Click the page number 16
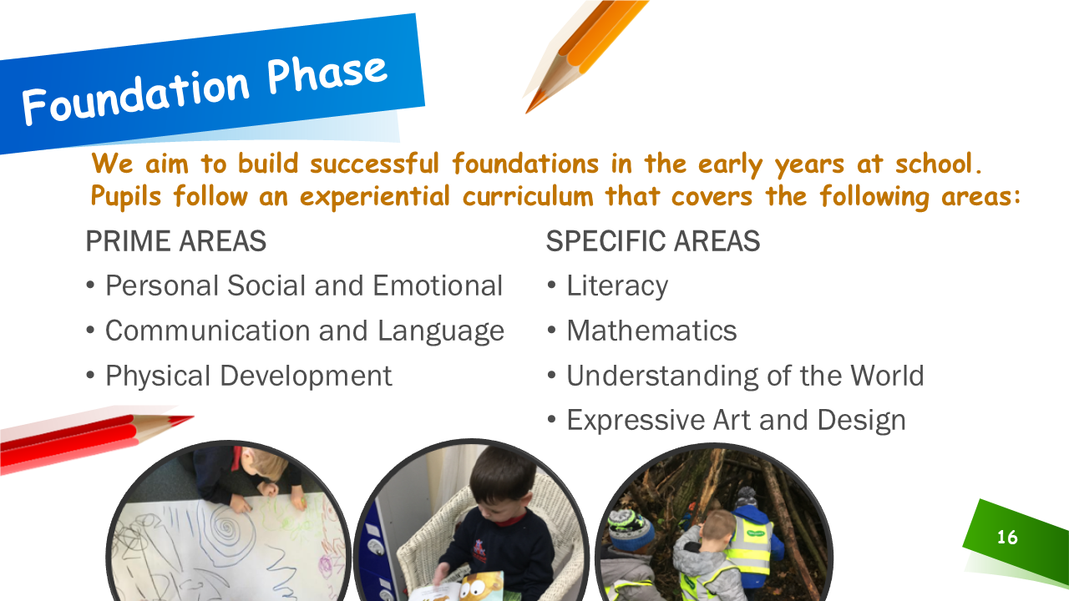[x=1007, y=538]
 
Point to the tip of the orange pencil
[x=527, y=113]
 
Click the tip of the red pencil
[x=192, y=417]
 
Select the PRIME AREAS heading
[x=175, y=241]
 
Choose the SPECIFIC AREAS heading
[x=653, y=241]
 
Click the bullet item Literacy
[x=617, y=286]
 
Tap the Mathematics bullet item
[x=651, y=331]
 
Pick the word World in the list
[x=888, y=376]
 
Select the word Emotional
[x=438, y=285]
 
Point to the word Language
[x=440, y=332]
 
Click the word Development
[x=306, y=376]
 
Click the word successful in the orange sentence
[x=375, y=164]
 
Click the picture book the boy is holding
[x=459, y=586]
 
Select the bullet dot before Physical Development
[x=90, y=376]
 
